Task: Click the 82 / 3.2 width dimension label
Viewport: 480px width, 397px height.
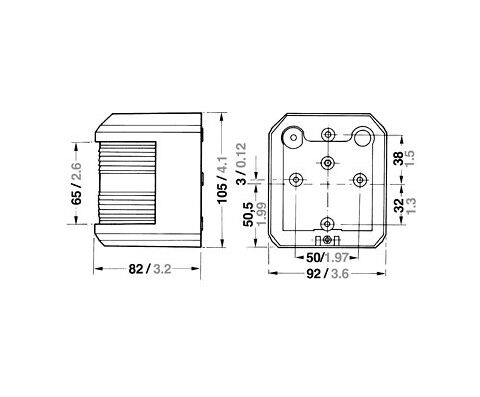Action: click(150, 269)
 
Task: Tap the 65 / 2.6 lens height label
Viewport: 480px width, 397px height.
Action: click(76, 184)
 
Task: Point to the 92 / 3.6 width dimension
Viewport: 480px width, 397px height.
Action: click(327, 274)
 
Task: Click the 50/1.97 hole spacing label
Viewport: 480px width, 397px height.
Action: click(327, 257)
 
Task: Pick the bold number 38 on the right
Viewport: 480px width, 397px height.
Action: click(398, 158)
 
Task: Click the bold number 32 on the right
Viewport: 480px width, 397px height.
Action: click(398, 205)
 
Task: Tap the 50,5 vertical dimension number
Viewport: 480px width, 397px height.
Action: click(249, 214)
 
